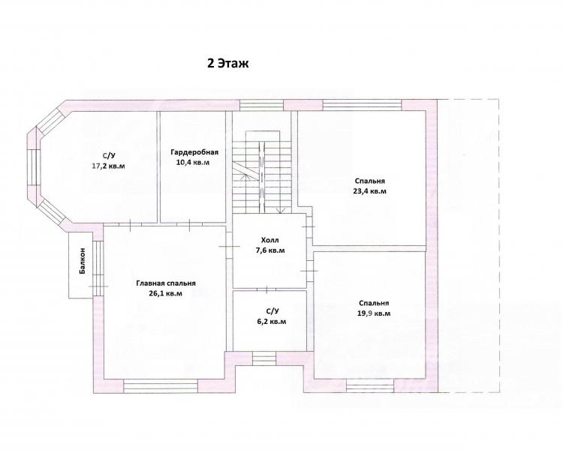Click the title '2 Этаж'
coord(228,64)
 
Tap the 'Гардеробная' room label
coord(194,152)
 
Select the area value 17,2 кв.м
coord(109,166)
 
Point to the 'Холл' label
coord(270,240)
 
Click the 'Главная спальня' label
coord(166,283)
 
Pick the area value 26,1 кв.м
coord(166,293)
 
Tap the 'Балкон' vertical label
coord(83,261)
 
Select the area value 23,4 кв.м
coord(370,191)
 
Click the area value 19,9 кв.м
coord(374,313)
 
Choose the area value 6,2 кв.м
coord(269,322)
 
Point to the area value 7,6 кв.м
coord(270,250)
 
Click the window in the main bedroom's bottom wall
coord(161,386)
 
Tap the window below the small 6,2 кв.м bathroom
coord(264,358)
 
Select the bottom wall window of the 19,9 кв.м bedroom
coord(370,386)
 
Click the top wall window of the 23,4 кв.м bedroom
coord(362,105)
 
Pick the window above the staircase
coord(262,105)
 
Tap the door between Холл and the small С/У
coord(267,289)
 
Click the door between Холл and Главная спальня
coord(230,247)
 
